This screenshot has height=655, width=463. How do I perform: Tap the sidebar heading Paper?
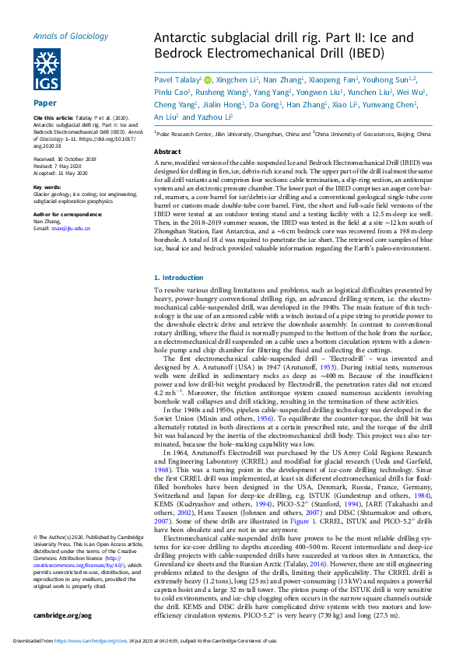(x=44, y=103)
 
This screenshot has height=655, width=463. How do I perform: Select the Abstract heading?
(x=168, y=152)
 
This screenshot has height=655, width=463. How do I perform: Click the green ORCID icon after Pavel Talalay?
(x=208, y=79)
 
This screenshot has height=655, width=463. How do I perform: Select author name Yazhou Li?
(x=215, y=117)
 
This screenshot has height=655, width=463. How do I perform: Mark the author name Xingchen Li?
(x=237, y=79)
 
